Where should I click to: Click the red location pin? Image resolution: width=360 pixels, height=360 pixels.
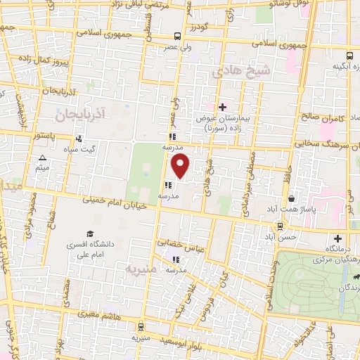[181, 166]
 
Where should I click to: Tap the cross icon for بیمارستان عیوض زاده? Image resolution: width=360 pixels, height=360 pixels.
[223, 107]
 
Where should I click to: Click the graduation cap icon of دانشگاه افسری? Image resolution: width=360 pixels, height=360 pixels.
[91, 233]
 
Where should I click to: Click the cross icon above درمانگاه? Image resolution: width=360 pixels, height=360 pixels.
[337, 238]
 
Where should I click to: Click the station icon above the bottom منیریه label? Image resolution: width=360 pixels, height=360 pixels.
[141, 327]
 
